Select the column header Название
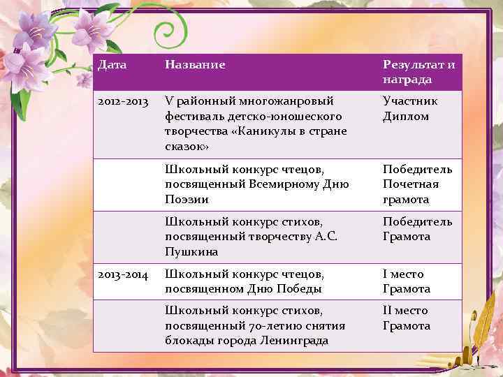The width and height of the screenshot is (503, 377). pyautogui.click(x=195, y=65)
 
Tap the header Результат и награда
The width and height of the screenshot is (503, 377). pyautogui.click(x=418, y=72)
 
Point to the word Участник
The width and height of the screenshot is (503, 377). pyautogui.click(x=410, y=101)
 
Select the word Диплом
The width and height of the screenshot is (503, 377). pyautogui.click(x=405, y=117)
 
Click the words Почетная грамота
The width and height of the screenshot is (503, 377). pyautogui.click(x=411, y=191)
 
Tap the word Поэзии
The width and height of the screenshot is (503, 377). pyautogui.click(x=187, y=200)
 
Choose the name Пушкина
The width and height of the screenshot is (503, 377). pyautogui.click(x=191, y=251)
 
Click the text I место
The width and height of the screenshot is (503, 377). pyautogui.click(x=403, y=274)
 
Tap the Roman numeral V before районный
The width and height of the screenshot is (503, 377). pyautogui.click(x=168, y=101)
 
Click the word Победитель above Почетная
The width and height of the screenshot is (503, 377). pyautogui.click(x=417, y=169)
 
